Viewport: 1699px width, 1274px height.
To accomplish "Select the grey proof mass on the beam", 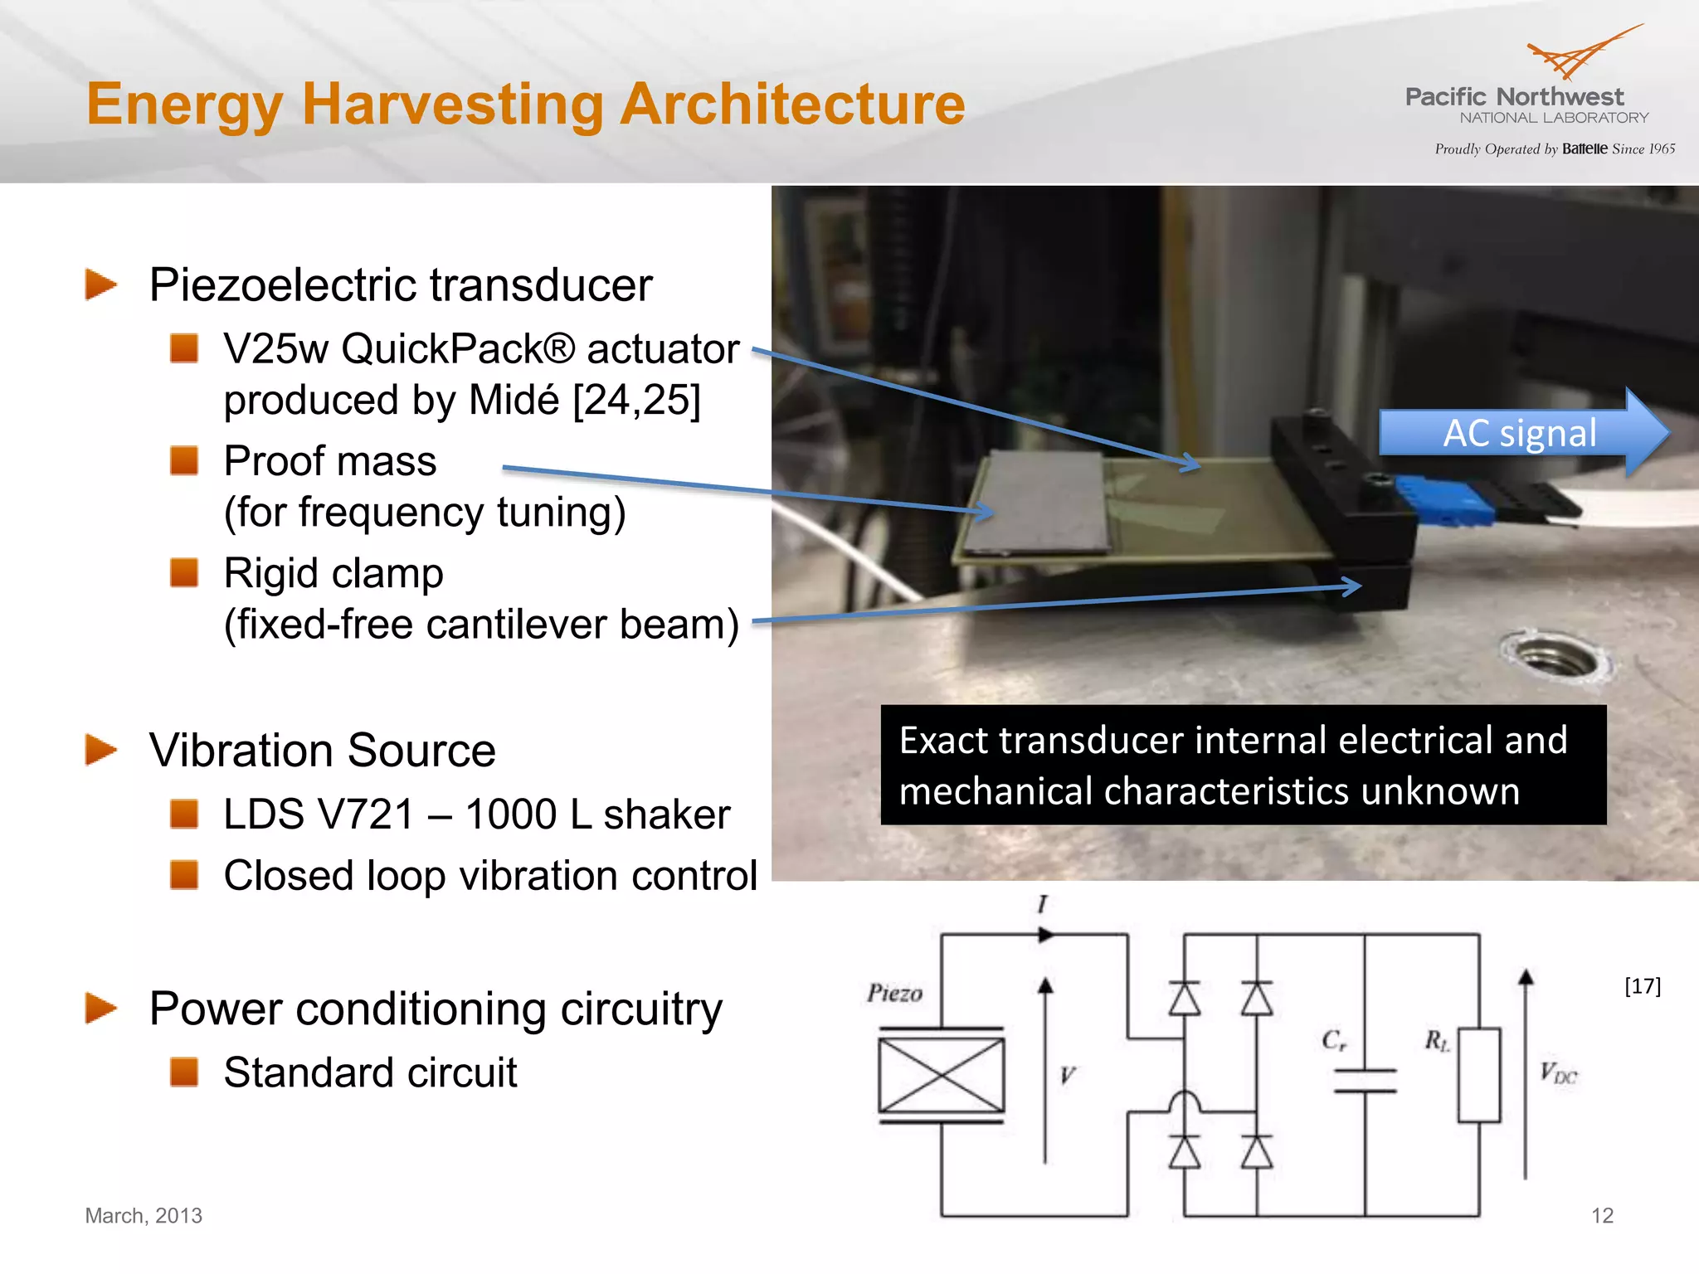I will [x=1037, y=501].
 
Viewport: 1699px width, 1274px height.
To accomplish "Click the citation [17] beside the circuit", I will [x=1642, y=985].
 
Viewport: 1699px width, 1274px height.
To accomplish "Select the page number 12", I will [x=1602, y=1215].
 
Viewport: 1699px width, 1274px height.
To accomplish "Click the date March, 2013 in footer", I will [x=144, y=1215].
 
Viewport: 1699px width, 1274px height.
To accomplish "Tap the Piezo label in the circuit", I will [x=894, y=993].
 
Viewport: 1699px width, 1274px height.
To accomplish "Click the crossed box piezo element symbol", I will [x=941, y=1075].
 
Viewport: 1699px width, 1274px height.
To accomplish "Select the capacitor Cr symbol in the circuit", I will [x=1364, y=1079].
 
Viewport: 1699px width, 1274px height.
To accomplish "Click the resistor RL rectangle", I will [x=1479, y=1075].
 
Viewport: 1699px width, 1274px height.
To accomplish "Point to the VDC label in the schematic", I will [x=1558, y=1073].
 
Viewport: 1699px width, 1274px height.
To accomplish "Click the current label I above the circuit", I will [x=1043, y=903].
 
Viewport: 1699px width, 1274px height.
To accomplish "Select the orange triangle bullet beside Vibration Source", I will [x=101, y=750].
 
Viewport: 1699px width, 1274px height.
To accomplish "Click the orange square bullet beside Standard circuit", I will [x=184, y=1071].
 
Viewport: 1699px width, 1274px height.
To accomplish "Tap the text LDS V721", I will [x=319, y=814].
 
